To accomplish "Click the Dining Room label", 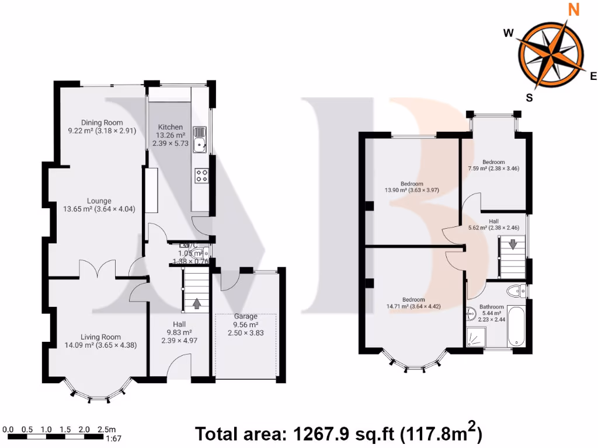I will [x=102, y=123].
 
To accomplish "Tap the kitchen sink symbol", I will [x=200, y=138].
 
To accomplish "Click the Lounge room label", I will [x=99, y=201].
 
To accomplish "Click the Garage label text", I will [x=246, y=316].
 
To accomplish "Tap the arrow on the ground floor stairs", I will [x=196, y=303].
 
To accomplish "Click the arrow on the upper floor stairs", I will [x=512, y=244].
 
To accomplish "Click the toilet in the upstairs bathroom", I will [x=515, y=290].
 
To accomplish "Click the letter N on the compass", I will [x=574, y=9].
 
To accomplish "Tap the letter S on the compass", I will [x=529, y=98].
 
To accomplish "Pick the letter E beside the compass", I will [x=593, y=75].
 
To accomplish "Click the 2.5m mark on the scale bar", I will [x=106, y=429].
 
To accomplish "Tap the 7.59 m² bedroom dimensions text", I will [x=493, y=169].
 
